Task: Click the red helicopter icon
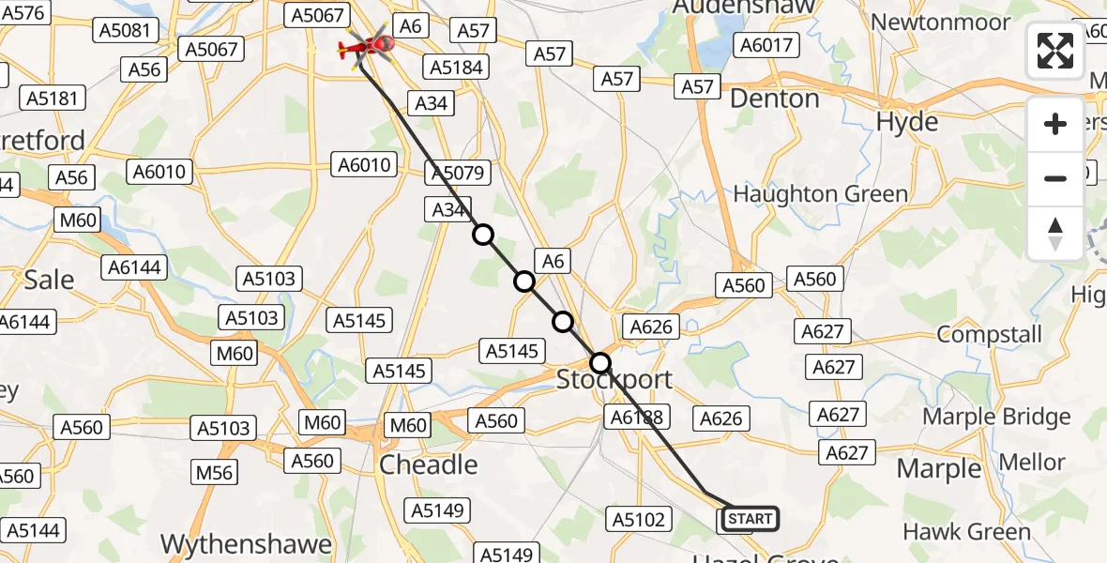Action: (x=368, y=44)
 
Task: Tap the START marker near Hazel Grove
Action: (x=750, y=519)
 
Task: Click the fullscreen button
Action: (x=1055, y=51)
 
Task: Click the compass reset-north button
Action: (x=1055, y=234)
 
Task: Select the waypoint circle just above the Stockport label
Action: (x=600, y=363)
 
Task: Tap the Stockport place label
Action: (x=614, y=380)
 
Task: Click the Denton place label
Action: (x=774, y=99)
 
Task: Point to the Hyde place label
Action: (x=906, y=122)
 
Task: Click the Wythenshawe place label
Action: (x=247, y=544)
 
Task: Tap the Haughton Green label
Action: (x=820, y=194)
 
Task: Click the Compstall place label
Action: (x=989, y=335)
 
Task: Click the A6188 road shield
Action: (x=636, y=418)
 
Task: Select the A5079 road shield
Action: (x=456, y=174)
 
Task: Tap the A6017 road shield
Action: (x=766, y=45)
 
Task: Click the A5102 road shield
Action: (x=640, y=519)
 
